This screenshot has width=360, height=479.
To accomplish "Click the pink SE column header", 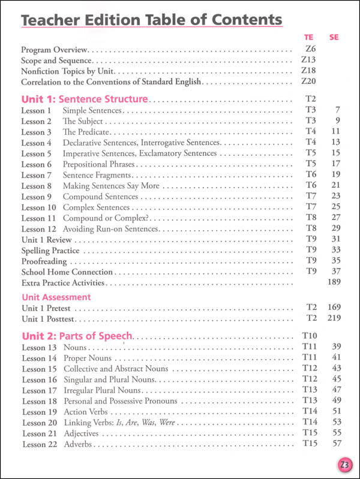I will (x=334, y=37).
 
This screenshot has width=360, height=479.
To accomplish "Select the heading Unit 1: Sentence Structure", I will (x=84, y=99).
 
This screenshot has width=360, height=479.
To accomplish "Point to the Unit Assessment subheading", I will (x=56, y=297).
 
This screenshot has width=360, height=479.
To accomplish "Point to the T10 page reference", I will (x=306, y=336).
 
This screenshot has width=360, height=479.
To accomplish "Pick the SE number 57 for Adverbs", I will (x=335, y=444).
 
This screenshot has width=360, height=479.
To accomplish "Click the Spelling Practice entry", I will (x=50, y=251).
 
